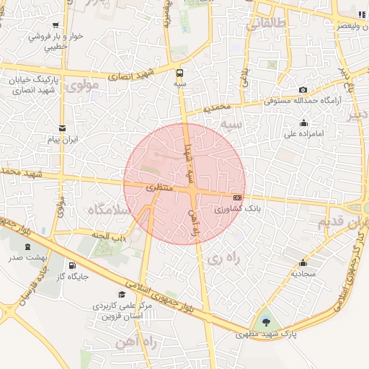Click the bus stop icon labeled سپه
point(179,72)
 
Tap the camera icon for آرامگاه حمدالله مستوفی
point(303,89)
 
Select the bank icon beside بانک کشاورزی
point(237,197)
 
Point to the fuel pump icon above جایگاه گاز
point(71,264)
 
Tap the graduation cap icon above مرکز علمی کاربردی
point(122,294)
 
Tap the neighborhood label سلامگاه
point(108,208)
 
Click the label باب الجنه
point(110,234)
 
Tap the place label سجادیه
point(303,275)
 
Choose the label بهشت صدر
point(28,257)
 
